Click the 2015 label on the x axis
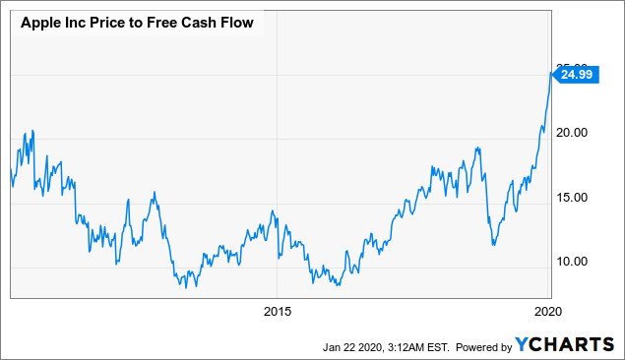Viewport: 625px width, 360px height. point(278,313)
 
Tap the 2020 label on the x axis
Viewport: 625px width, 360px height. point(547,313)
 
